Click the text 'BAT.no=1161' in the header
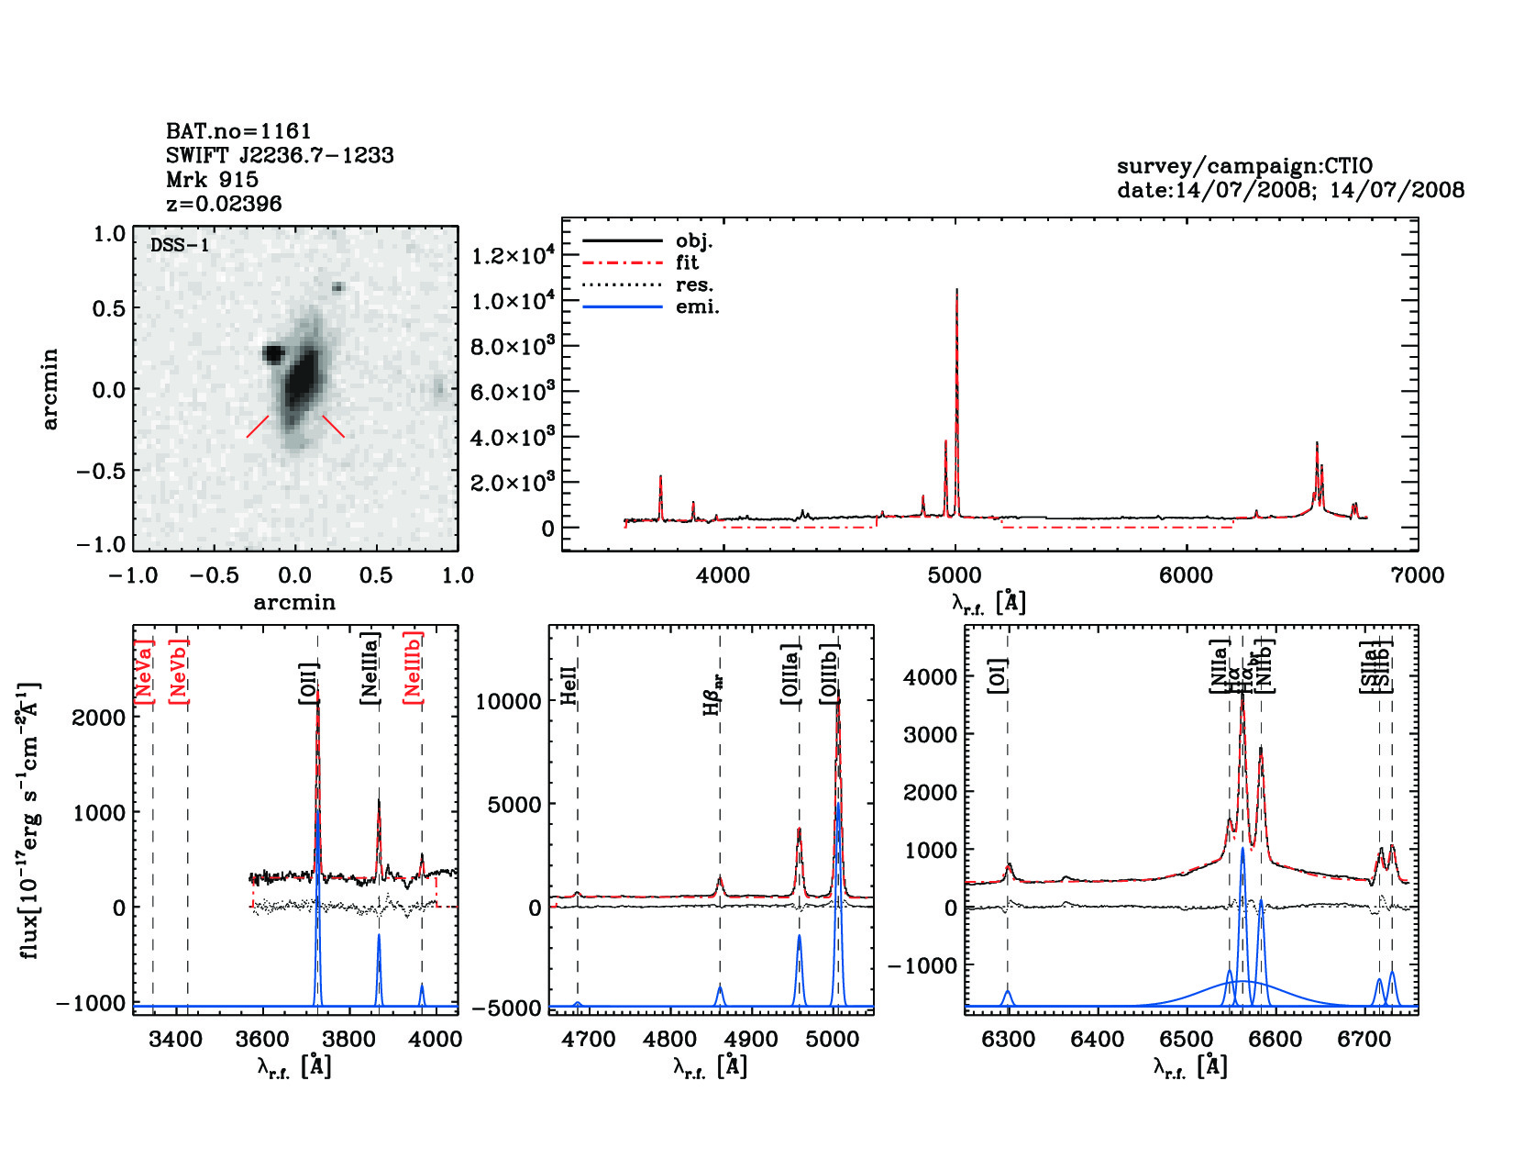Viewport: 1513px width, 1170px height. (x=238, y=131)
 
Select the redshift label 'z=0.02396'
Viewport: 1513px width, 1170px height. (x=224, y=204)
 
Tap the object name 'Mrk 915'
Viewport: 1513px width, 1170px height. (x=212, y=180)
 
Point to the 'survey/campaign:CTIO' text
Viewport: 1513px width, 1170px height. (x=1244, y=166)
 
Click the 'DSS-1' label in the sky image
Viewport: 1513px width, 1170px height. (x=180, y=245)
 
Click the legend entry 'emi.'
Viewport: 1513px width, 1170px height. (x=697, y=307)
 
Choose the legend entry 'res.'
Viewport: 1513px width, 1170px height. (x=694, y=285)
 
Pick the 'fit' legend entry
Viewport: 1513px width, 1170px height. (x=687, y=263)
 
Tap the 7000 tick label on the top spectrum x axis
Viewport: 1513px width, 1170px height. (x=1417, y=575)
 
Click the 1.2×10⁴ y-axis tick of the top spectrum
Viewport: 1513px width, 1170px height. (x=513, y=255)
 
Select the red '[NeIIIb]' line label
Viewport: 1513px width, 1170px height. (x=414, y=667)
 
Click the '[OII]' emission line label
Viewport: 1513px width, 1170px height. (x=308, y=684)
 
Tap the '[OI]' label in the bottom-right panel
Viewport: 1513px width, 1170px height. (x=998, y=675)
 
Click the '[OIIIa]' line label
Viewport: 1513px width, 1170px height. (x=790, y=674)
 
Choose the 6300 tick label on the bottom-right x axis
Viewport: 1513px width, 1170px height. (x=1008, y=1039)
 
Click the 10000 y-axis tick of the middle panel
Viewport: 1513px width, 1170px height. (x=509, y=702)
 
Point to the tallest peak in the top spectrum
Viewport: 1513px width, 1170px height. (x=956, y=290)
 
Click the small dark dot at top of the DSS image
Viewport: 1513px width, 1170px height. (x=337, y=287)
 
